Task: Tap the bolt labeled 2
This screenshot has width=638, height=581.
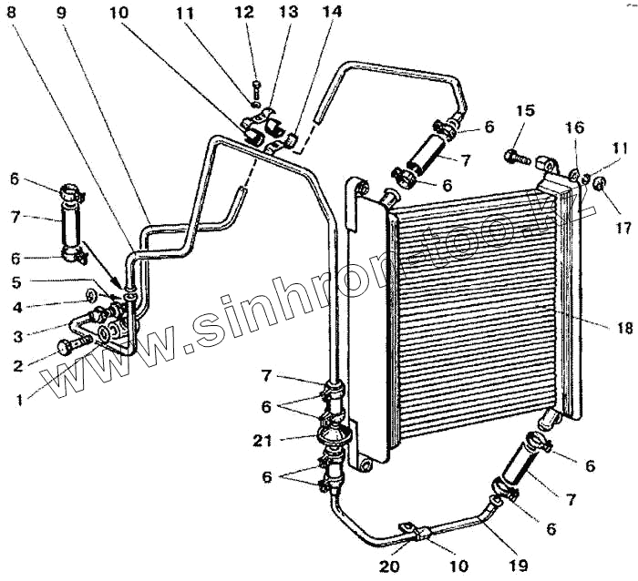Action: [69, 347]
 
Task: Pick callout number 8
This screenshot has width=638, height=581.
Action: [13, 15]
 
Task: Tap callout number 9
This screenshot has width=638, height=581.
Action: [61, 15]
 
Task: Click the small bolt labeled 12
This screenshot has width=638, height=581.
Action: [256, 87]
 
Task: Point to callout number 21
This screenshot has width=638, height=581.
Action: [262, 441]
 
